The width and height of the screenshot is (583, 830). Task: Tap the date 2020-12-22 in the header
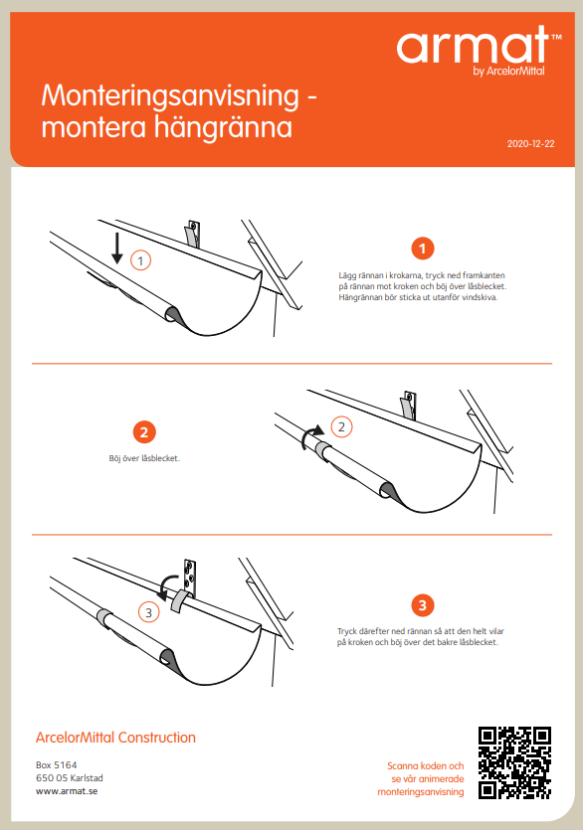point(530,143)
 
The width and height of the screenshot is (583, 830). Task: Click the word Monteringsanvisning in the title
point(170,96)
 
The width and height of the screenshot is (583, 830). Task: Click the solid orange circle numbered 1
point(423,249)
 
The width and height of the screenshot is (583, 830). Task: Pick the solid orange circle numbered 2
point(144,432)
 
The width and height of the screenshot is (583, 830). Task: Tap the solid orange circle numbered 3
point(423,605)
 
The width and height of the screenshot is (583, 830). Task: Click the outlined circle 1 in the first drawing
point(140,260)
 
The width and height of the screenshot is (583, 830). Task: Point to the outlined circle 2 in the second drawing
point(341,426)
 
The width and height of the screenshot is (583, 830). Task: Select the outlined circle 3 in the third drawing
point(149,612)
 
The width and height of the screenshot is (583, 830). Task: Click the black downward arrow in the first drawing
point(117,249)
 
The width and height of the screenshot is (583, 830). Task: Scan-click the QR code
point(514,762)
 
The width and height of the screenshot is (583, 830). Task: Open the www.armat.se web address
point(67,791)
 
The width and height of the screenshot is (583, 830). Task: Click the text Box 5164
point(56,764)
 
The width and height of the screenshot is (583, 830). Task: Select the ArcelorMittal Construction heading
point(115,737)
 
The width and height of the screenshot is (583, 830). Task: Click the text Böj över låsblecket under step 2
point(144,458)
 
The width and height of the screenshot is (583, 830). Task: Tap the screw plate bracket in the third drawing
point(190,576)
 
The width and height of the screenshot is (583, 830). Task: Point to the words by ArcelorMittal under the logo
point(508,71)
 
